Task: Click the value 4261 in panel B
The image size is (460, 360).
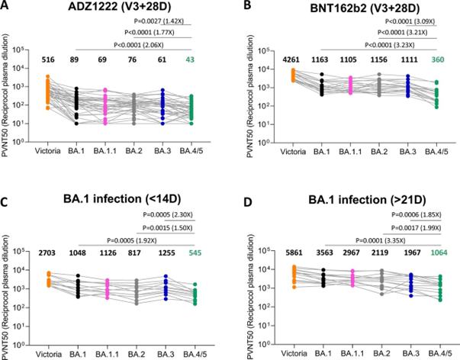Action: point(280,59)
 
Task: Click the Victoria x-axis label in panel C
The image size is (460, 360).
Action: point(47,352)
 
